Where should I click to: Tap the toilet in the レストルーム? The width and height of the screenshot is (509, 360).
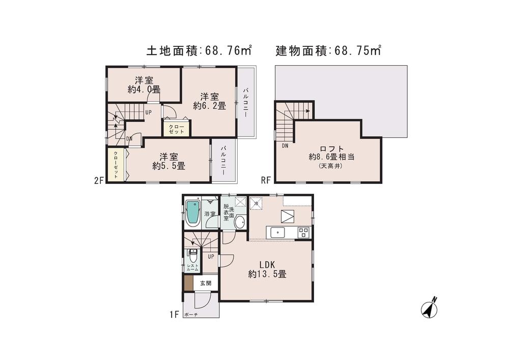point(192,254)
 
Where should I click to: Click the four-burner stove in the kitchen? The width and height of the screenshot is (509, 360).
point(303,232)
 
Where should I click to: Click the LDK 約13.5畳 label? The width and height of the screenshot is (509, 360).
point(267,269)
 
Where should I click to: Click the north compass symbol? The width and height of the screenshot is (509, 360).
point(431,308)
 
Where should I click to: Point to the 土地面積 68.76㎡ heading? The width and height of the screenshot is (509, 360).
point(199,50)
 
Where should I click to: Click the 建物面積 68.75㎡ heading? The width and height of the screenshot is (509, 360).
point(328,50)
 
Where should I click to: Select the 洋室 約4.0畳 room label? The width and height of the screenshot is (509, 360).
point(144,85)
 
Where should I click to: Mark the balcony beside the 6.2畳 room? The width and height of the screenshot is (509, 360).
point(246,102)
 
